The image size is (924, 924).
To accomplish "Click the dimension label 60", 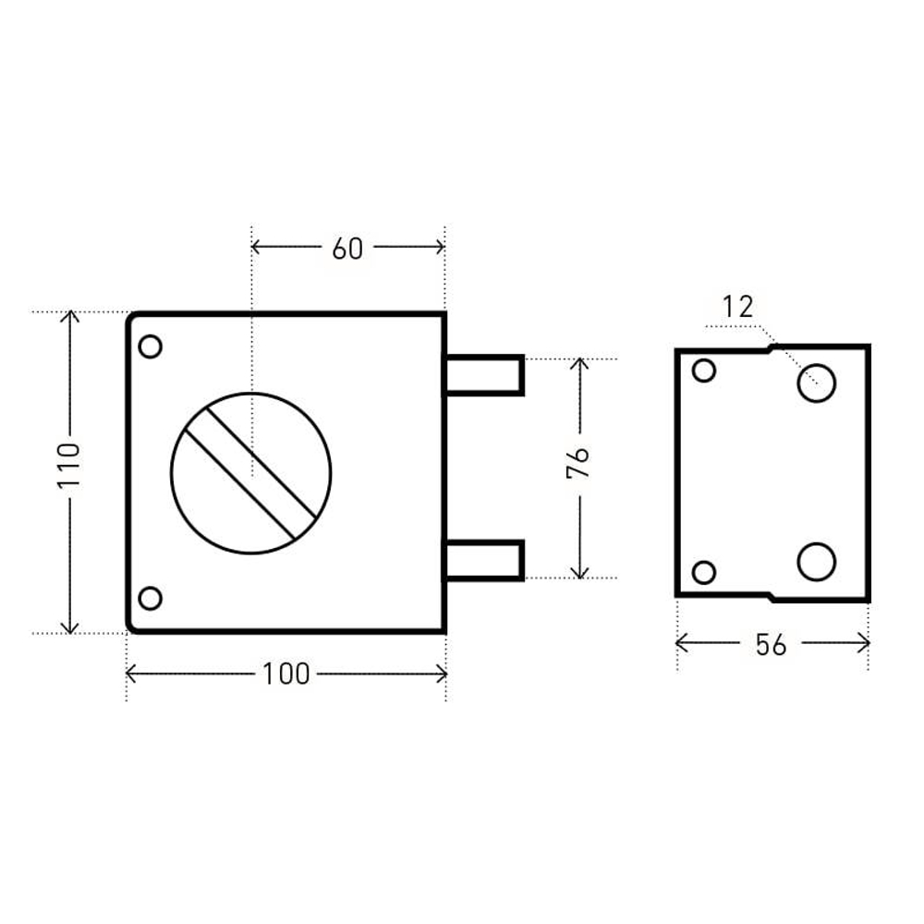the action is pos(347,249).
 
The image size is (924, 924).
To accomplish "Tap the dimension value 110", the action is pos(68,466).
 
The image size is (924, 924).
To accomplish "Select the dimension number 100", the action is pos(286,675).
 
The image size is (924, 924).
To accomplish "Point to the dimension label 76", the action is pos(577,463).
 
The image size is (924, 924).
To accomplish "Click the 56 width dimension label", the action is pos(771,645).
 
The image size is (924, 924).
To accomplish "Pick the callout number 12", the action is pos(737,307).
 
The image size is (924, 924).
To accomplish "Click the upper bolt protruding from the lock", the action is pos(484,375).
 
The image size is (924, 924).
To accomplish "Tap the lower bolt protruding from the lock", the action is pos(484,561).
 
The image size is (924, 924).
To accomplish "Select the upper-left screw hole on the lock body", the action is pos(151,346).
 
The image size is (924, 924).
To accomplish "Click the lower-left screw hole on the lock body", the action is pos(151,598).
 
